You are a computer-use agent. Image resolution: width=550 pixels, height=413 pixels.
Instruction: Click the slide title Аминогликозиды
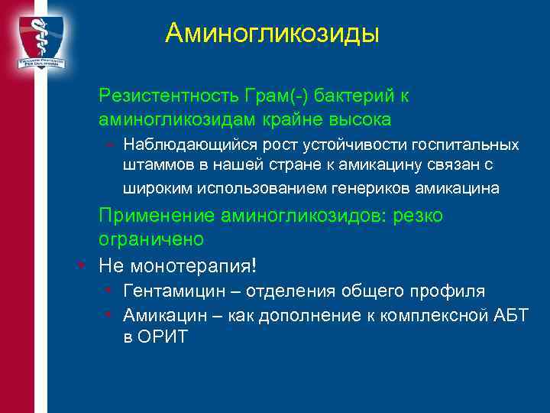click(272, 33)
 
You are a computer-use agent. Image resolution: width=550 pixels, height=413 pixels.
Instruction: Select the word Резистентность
click(169, 96)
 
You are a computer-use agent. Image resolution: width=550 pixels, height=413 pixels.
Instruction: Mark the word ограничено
click(151, 239)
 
